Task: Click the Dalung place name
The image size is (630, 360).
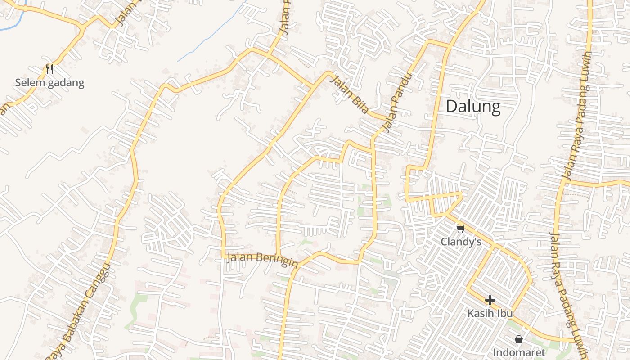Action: [x=473, y=107]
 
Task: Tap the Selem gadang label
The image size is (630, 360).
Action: [x=49, y=83]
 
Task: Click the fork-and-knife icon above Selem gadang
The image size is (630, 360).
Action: [x=49, y=69]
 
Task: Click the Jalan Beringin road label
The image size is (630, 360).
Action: [x=262, y=259]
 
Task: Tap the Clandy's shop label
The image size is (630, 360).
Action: [x=461, y=242]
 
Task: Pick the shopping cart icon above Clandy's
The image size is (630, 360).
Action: [x=460, y=229]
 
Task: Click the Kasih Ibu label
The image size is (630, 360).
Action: [x=490, y=313]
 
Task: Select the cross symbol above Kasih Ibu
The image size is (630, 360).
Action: [x=490, y=300]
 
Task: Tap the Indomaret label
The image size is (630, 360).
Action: [x=519, y=352]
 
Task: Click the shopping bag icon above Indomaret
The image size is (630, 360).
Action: [x=519, y=339]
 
